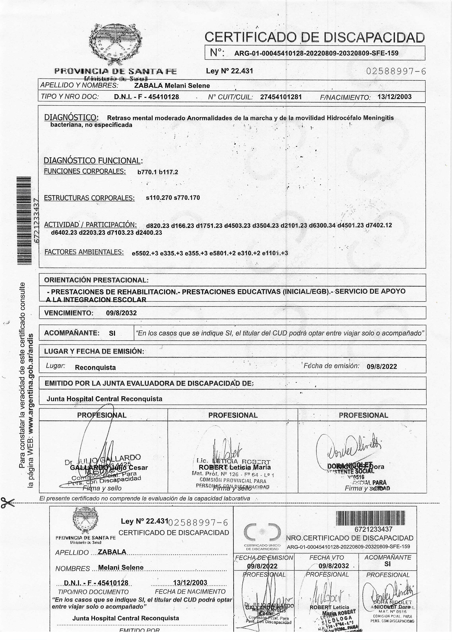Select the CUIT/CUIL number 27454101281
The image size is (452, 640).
(281, 97)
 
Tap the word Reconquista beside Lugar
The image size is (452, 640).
(95, 367)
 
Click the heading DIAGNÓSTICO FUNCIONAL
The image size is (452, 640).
(93, 161)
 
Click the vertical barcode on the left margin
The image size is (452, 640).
(24, 220)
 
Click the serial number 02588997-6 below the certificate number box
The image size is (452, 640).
(396, 71)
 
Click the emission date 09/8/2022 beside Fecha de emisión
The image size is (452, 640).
(382, 366)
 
